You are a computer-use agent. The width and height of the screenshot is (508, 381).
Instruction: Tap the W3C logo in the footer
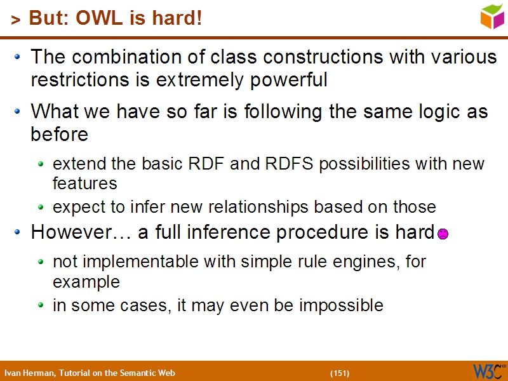click(488, 371)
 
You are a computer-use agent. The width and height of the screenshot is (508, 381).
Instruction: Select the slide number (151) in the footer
click(340, 373)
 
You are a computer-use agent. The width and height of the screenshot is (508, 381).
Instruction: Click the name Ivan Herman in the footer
click(29, 373)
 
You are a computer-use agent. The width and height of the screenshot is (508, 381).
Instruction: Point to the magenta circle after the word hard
click(443, 234)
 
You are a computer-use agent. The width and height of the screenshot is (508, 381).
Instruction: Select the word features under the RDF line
click(85, 184)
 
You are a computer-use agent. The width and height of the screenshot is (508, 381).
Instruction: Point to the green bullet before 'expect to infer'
click(41, 208)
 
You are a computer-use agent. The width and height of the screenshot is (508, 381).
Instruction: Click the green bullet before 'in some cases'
click(41, 306)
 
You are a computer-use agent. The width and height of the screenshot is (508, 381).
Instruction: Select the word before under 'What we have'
click(58, 135)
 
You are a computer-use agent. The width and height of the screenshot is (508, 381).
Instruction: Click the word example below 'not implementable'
click(86, 281)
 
